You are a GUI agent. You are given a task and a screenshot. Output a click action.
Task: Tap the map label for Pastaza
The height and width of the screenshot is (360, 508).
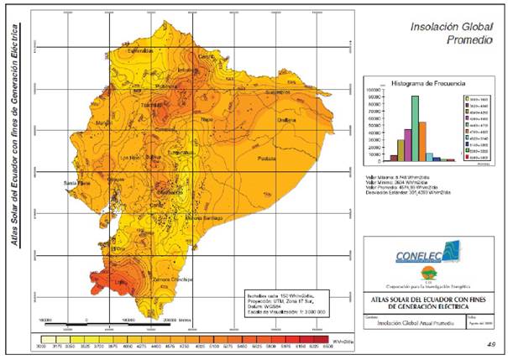[267, 157]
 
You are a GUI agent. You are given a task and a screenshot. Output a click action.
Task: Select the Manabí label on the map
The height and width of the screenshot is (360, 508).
[104, 123]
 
